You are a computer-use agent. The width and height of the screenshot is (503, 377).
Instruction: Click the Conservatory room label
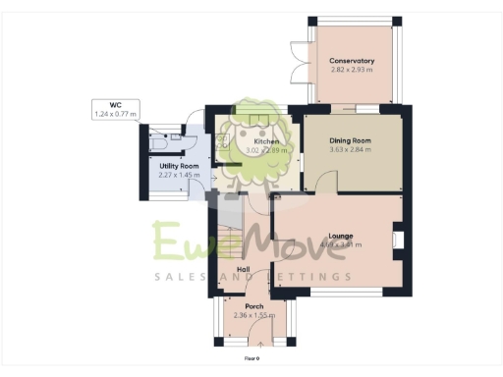(352, 61)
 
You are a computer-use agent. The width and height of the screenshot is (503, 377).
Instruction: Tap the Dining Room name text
(352, 140)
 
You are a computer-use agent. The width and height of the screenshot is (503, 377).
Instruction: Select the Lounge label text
(341, 237)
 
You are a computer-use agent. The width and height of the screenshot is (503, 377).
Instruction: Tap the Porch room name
(253, 305)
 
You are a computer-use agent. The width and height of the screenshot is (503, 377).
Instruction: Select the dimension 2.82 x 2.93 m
(352, 71)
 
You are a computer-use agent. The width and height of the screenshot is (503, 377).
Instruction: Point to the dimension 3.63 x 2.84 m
(352, 150)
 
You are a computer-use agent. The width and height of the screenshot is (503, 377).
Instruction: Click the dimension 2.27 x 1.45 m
(178, 176)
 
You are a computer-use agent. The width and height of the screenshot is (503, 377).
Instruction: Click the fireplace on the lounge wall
(397, 242)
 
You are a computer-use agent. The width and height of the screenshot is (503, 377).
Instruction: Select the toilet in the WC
(161, 141)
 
